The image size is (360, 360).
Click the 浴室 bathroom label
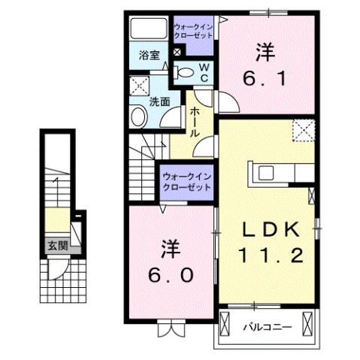point(149,55)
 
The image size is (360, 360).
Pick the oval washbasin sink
point(140,116)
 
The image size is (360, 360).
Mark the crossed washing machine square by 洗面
point(140,85)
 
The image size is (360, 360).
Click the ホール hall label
point(194,120)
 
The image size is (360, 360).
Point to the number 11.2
point(272,256)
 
